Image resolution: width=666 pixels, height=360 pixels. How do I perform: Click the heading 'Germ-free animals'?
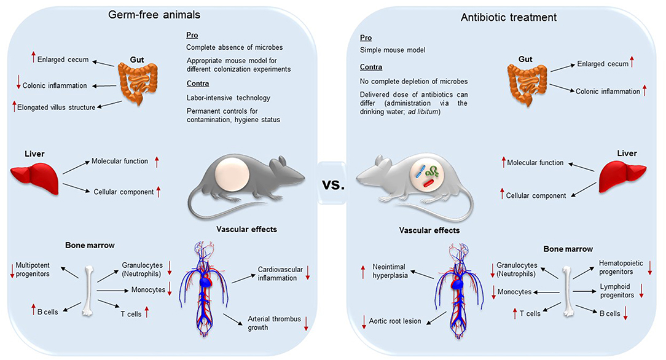click(154, 15)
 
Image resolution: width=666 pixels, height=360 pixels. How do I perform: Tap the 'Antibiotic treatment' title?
click(509, 17)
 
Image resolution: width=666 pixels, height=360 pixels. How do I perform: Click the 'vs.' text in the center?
click(334, 185)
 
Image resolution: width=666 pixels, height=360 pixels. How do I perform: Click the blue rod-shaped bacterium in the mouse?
click(420, 171)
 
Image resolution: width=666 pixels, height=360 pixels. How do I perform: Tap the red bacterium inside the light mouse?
click(428, 184)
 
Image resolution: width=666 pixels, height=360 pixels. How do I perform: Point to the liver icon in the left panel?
click(34, 178)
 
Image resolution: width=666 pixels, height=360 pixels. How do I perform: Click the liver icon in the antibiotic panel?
click(622, 176)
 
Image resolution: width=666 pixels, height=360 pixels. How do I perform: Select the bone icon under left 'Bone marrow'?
click(88, 291)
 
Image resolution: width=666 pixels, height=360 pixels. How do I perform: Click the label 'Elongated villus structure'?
click(56, 108)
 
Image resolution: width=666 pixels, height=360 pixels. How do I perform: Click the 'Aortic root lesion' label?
click(395, 321)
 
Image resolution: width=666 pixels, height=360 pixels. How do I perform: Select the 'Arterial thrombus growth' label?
click(275, 323)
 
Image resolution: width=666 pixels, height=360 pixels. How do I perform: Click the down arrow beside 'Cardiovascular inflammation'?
click(308, 273)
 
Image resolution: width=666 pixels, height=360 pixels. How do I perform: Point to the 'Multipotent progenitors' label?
click(33, 270)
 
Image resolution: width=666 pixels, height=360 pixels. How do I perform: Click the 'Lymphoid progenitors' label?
click(617, 291)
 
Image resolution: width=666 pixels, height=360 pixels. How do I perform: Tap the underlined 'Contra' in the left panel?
click(197, 84)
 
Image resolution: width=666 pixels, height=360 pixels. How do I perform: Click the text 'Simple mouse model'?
click(393, 50)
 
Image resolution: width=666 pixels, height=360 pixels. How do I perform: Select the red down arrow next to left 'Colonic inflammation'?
click(18, 82)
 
